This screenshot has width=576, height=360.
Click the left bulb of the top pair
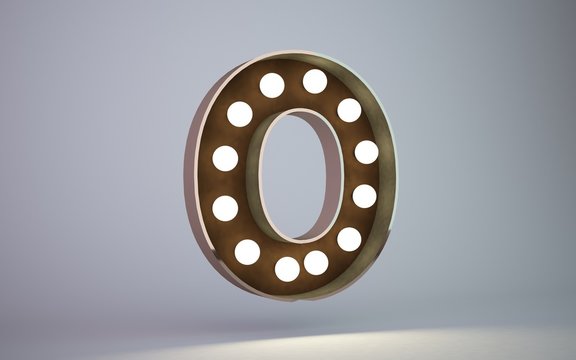pos(272,85)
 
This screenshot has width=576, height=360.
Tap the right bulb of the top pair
pos(315,81)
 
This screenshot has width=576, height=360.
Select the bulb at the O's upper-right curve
pos(349,110)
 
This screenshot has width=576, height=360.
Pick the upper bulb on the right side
pos(366,152)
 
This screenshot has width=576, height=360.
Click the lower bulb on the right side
pos(364,196)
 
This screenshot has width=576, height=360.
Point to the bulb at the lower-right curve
pos(349,240)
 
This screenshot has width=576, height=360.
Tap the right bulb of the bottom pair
pos(316,263)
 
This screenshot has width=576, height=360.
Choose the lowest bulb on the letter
pos(287,269)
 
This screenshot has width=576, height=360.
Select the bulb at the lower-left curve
pos(247,252)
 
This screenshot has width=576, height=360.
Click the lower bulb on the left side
pos(225,208)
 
